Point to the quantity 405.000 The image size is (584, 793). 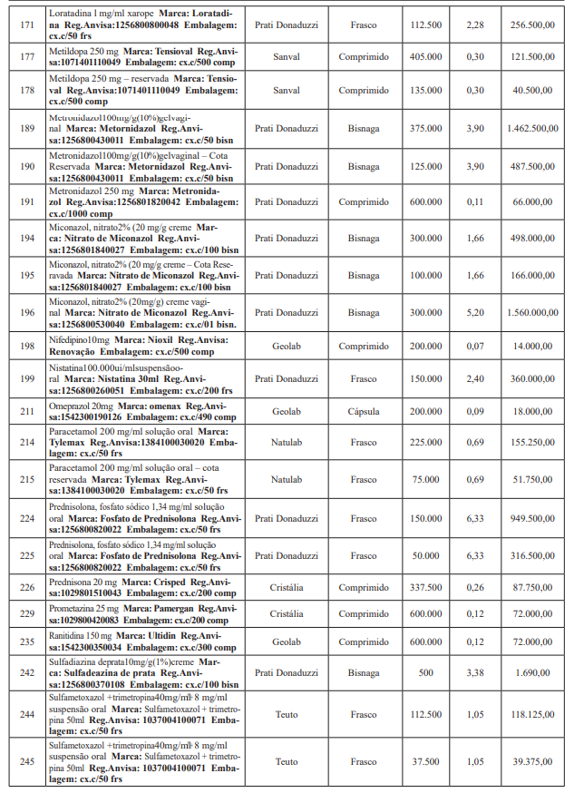point(425,56)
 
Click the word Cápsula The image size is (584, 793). point(364,411)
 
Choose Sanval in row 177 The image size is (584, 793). point(286,56)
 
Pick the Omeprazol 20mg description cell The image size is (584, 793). point(142,411)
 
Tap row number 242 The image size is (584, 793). point(26,672)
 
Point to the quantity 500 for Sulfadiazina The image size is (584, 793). point(425,672)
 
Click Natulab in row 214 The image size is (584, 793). point(286,442)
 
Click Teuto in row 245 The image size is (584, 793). point(286,761)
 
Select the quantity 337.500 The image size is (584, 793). point(425,587)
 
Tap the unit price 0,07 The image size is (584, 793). point(474,346)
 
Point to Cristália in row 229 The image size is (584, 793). point(286,613)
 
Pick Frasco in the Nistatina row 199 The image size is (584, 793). point(364,378)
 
